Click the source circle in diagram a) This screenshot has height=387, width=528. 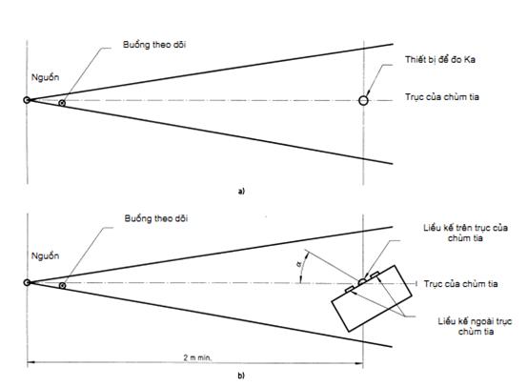click(x=27, y=100)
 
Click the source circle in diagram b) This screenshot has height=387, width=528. click(x=27, y=282)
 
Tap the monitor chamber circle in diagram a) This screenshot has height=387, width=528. click(x=62, y=103)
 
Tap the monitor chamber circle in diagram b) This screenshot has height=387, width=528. click(x=62, y=286)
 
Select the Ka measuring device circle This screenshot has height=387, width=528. click(x=363, y=100)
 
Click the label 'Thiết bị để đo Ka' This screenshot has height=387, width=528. click(x=440, y=60)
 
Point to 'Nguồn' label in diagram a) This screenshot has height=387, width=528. click(x=45, y=77)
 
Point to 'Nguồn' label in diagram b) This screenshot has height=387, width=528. click(x=45, y=256)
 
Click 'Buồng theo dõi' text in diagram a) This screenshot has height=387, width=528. click(x=154, y=45)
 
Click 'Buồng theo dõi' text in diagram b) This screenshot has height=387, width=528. click(x=156, y=218)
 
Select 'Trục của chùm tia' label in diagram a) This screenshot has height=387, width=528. click(x=442, y=97)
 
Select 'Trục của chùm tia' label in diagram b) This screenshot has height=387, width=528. click(x=460, y=284)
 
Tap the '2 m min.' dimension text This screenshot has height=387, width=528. click(x=197, y=357)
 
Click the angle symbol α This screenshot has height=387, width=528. click(x=298, y=265)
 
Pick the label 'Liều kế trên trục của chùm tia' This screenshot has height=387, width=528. click(x=465, y=233)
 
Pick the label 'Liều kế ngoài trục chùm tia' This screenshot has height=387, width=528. click(x=475, y=326)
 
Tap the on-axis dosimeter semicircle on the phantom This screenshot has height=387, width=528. click(x=362, y=282)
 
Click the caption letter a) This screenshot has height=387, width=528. click(x=241, y=192)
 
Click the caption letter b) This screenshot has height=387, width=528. click(x=241, y=376)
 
